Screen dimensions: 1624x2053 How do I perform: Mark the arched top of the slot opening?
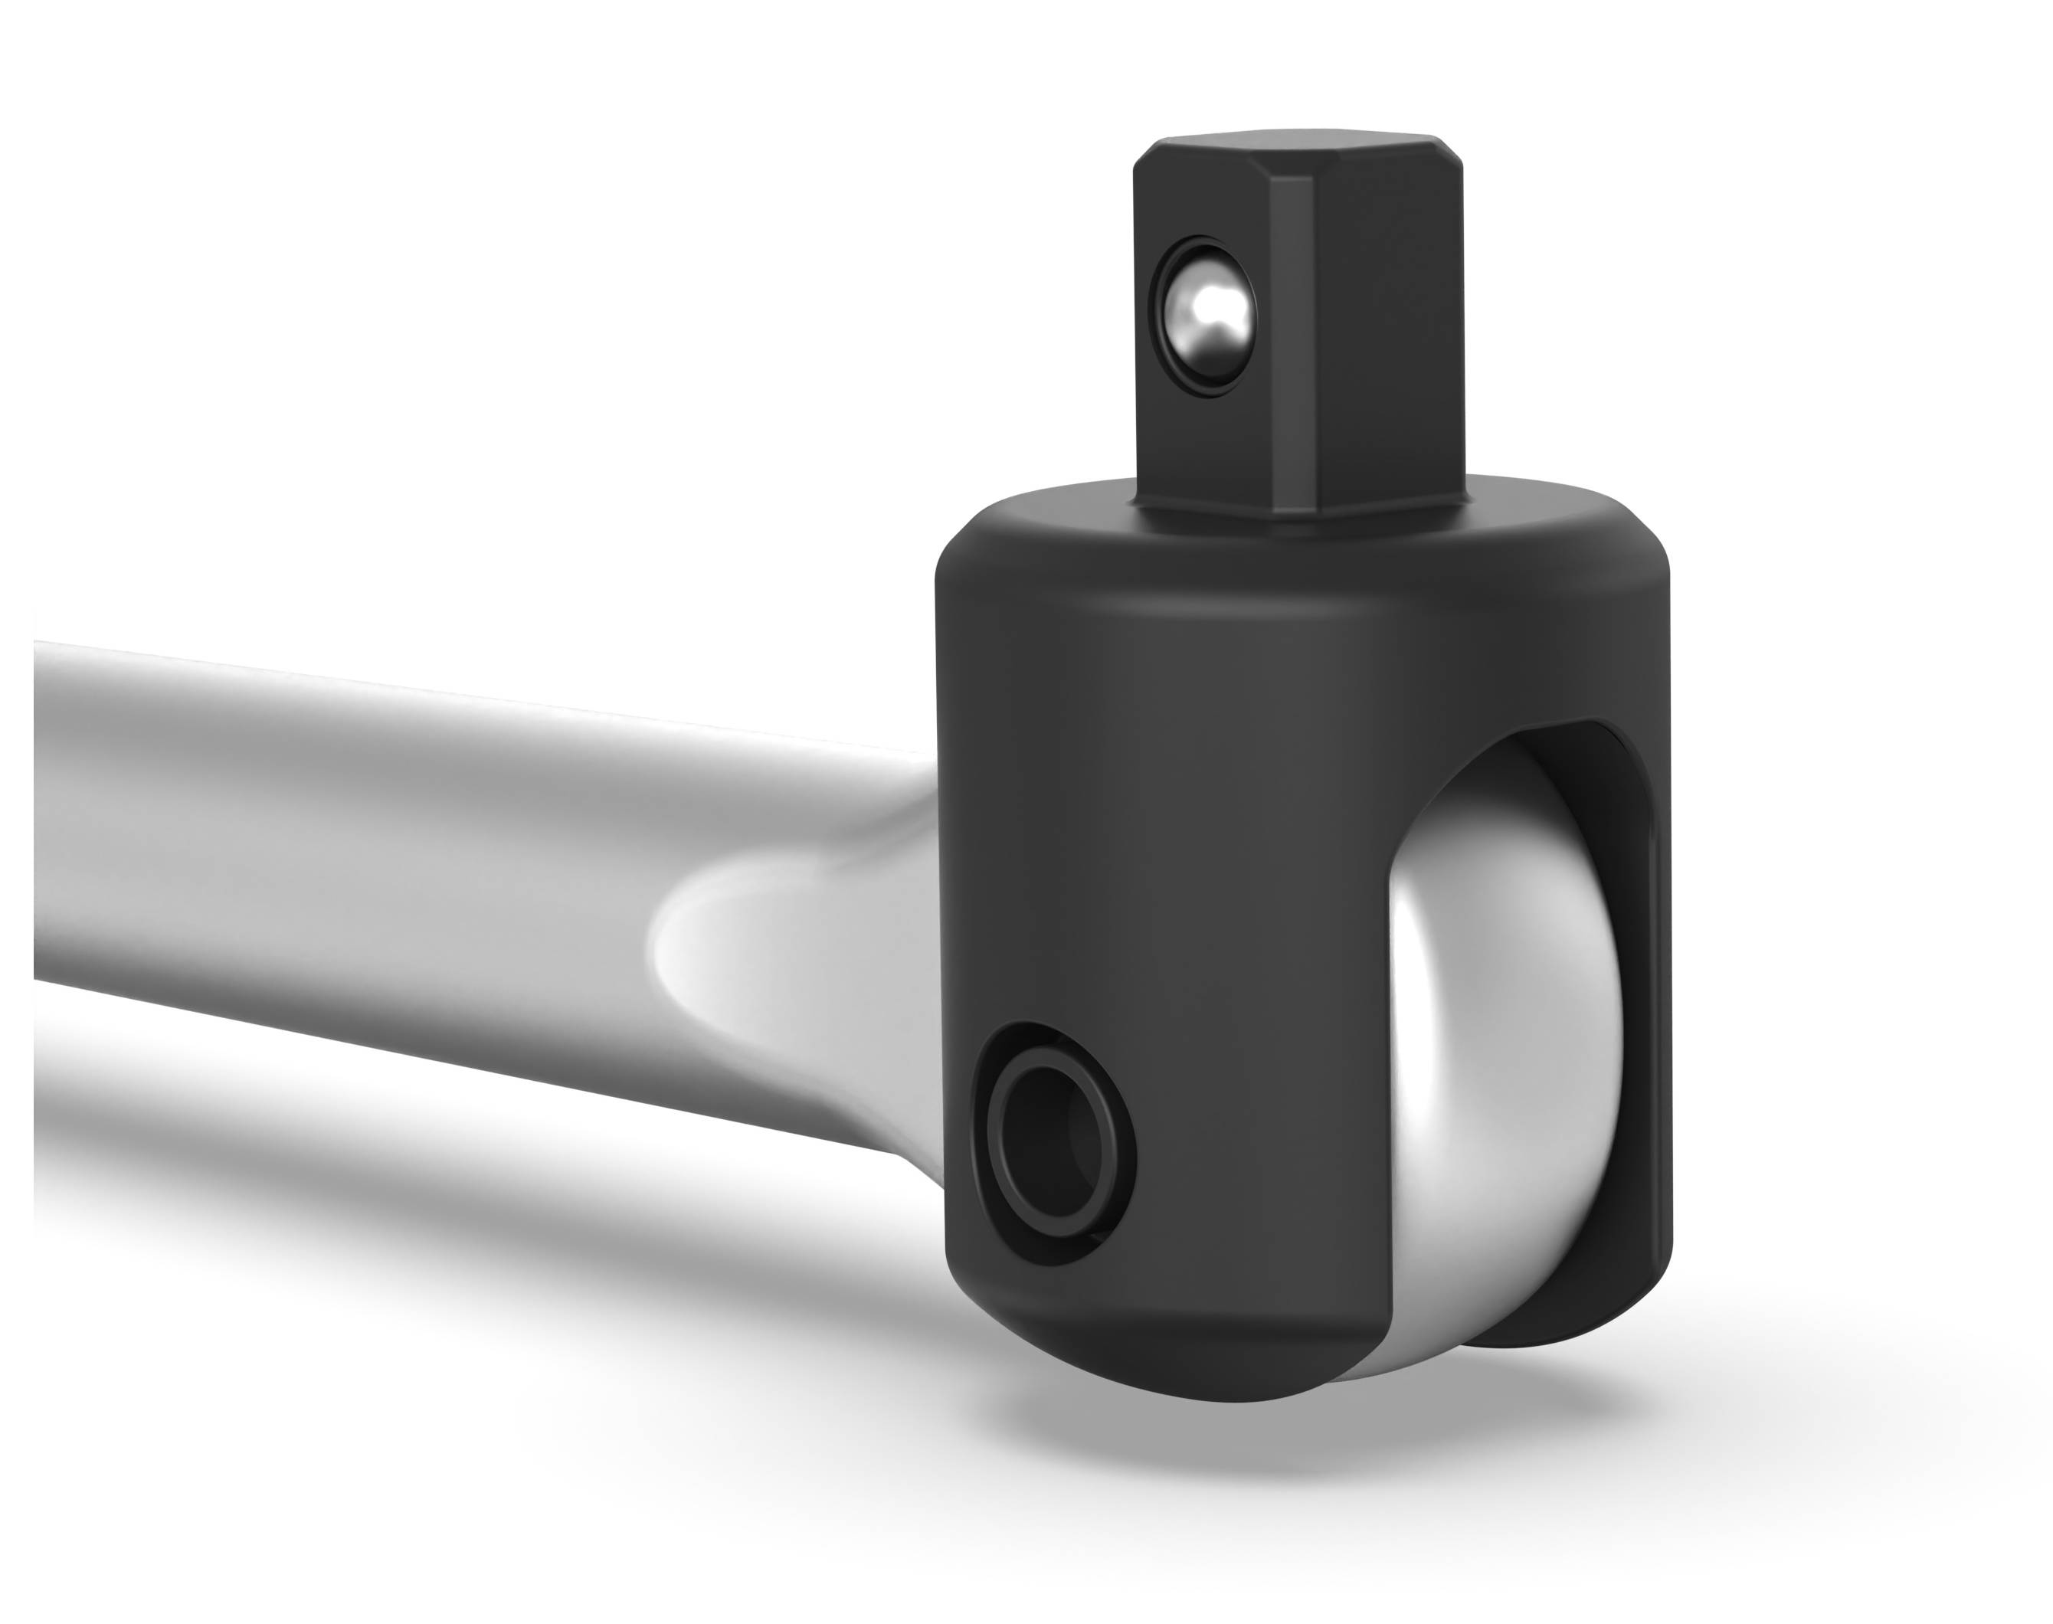1493,751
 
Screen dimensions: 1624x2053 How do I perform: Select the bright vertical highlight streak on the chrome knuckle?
1417,1046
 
